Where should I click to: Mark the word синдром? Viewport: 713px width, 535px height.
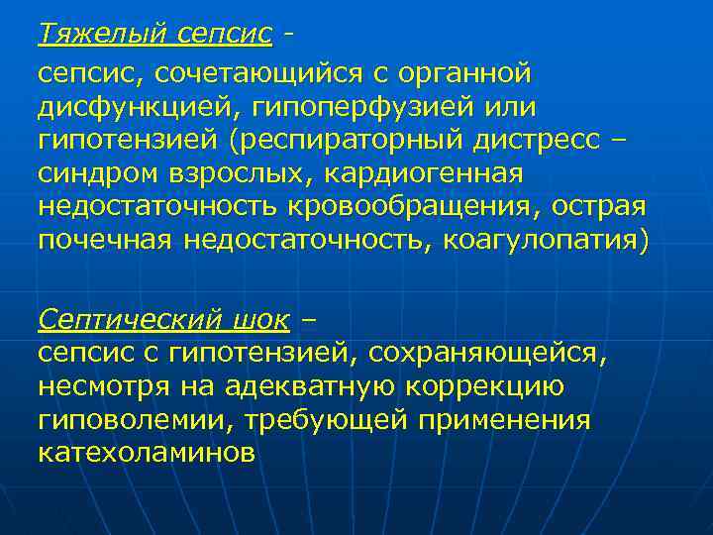(x=97, y=173)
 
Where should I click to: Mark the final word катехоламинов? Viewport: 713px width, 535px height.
(x=147, y=453)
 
